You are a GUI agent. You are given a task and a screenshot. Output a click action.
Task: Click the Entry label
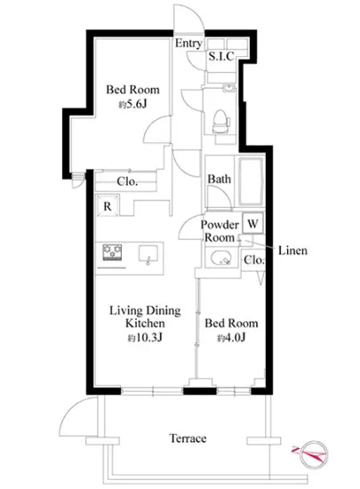(188, 44)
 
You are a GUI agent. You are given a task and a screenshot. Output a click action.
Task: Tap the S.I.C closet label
(221, 56)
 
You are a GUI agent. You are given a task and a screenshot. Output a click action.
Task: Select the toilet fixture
(220, 122)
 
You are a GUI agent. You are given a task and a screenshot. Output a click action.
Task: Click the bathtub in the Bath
(251, 182)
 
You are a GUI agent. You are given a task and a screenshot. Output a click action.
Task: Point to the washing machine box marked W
(252, 223)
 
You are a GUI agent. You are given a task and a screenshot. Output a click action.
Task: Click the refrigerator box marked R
(108, 206)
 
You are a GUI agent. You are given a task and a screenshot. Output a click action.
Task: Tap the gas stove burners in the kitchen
(112, 253)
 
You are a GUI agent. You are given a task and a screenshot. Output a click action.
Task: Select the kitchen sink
(148, 254)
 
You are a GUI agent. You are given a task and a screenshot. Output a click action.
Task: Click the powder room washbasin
(221, 258)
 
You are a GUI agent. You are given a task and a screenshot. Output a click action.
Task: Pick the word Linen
(292, 251)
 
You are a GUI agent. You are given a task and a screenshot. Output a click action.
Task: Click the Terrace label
(188, 438)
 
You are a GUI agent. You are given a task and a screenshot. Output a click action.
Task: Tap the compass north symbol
(312, 453)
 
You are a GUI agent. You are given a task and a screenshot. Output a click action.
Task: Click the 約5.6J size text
(132, 105)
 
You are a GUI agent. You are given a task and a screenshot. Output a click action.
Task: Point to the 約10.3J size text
(145, 338)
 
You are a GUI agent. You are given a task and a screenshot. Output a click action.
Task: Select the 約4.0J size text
(231, 338)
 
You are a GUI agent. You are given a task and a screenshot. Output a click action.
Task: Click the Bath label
(220, 179)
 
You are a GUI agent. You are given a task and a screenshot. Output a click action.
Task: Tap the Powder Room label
(220, 231)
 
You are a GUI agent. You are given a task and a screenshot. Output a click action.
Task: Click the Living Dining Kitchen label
(145, 317)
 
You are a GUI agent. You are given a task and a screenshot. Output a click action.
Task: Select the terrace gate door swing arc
(72, 409)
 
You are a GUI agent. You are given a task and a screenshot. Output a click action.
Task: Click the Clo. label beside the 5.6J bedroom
(127, 181)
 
